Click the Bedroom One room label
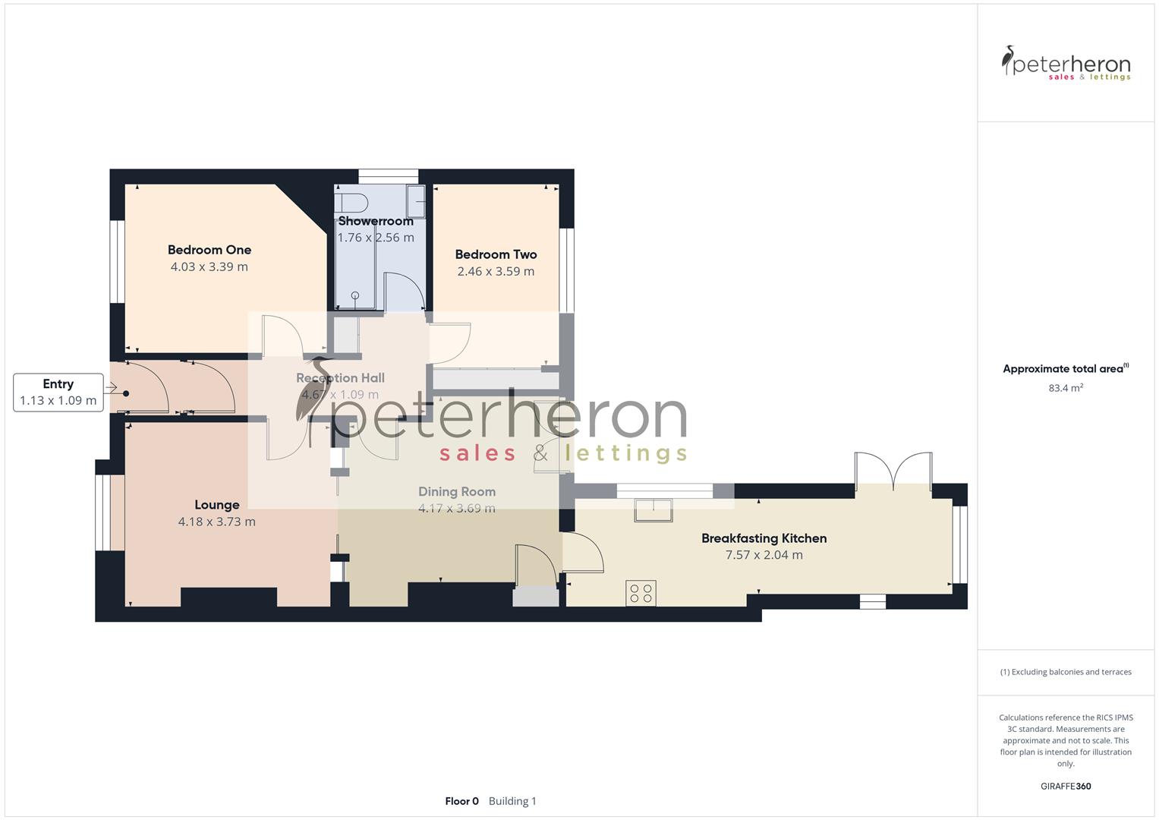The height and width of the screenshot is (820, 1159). tap(209, 250)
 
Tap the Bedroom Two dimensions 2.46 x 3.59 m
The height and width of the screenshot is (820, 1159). tap(496, 271)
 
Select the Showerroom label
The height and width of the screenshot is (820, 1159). tap(376, 221)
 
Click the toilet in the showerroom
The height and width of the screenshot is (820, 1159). tap(352, 203)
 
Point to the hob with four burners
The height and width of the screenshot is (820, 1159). tap(641, 593)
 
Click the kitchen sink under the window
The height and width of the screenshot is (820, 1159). tap(654, 509)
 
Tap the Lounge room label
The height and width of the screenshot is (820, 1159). tap(217, 505)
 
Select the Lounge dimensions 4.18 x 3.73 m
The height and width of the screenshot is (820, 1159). tap(217, 522)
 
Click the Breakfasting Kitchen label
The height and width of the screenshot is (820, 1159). tap(764, 538)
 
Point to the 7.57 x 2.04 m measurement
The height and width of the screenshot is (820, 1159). tap(764, 555)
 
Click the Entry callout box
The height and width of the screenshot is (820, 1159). tap(58, 393)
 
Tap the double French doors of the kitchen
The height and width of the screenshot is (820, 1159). tap(893, 471)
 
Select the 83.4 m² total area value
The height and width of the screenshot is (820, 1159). tap(1066, 388)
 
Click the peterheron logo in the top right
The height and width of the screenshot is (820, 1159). tap(1066, 64)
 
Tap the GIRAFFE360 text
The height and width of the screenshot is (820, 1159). tap(1066, 786)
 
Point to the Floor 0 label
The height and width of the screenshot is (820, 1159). tap(461, 801)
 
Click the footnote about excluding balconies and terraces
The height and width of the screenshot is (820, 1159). tap(1066, 672)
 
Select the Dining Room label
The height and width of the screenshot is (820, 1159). tap(457, 492)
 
